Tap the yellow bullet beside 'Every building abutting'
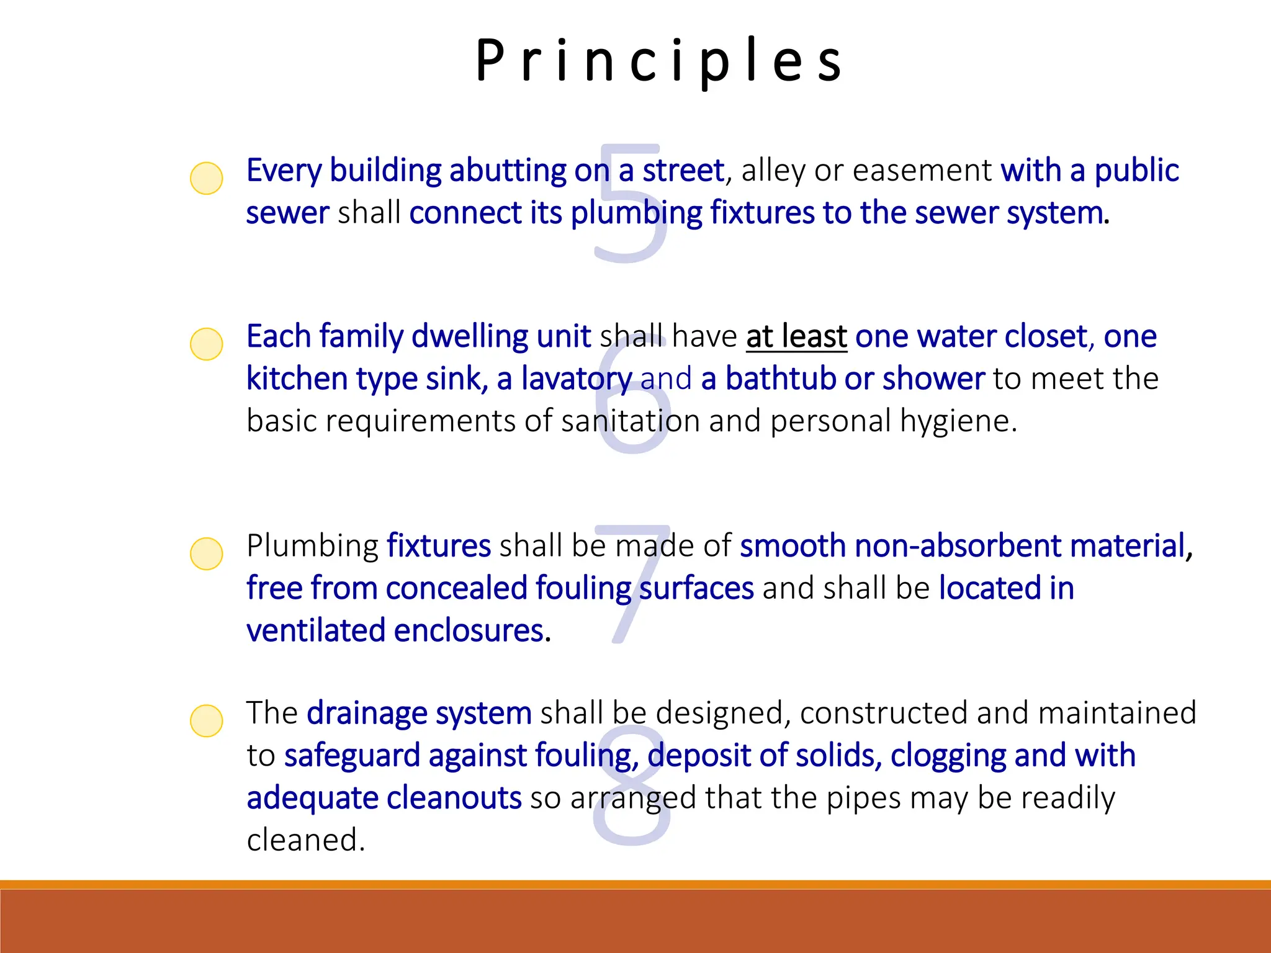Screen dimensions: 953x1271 pyautogui.click(x=206, y=178)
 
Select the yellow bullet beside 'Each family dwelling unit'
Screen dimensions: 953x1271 pyautogui.click(x=206, y=344)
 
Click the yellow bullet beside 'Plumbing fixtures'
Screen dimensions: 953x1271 pyautogui.click(x=206, y=553)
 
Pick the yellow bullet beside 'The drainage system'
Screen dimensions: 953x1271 pyautogui.click(x=206, y=720)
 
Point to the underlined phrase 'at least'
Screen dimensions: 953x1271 pyautogui.click(x=796, y=336)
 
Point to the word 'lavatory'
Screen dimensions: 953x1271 pyautogui.click(x=577, y=378)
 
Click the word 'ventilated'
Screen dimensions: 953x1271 pyautogui.click(x=316, y=630)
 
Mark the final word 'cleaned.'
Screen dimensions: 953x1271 pyautogui.click(x=306, y=840)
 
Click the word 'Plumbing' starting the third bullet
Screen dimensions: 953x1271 pyautogui.click(x=312, y=546)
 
